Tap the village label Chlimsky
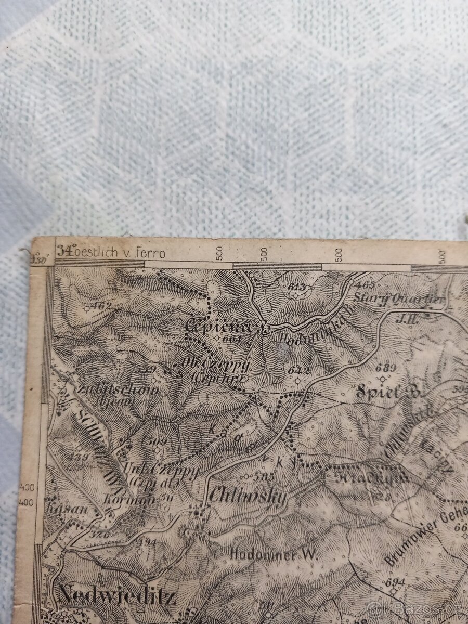point(248,497)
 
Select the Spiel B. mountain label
point(392,393)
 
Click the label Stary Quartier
point(399,298)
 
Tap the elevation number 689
point(386,368)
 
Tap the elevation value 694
point(396,580)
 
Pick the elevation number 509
point(157,441)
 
